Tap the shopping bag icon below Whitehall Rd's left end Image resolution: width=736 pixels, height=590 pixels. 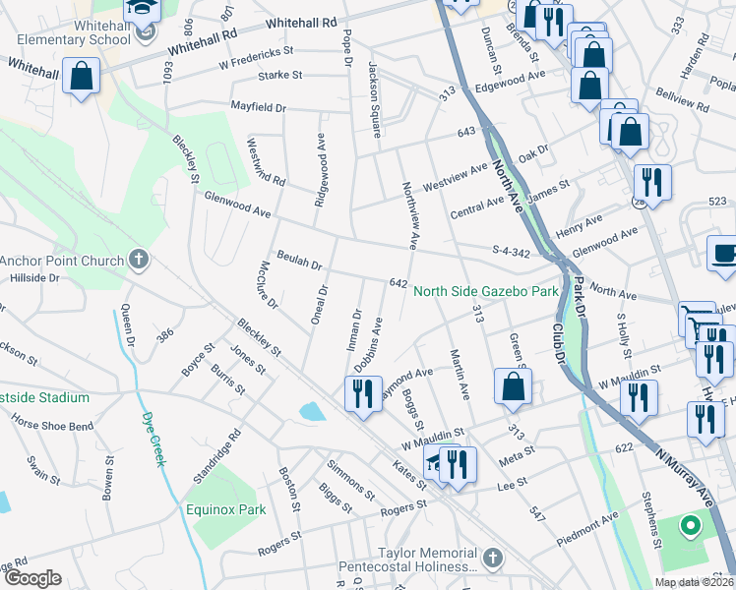(x=81, y=76)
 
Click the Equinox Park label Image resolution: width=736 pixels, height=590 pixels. (x=225, y=509)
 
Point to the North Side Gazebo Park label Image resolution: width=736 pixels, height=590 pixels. (x=485, y=291)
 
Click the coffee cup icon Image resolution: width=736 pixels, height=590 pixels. (x=724, y=252)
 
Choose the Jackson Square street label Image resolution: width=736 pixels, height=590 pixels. (x=374, y=87)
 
